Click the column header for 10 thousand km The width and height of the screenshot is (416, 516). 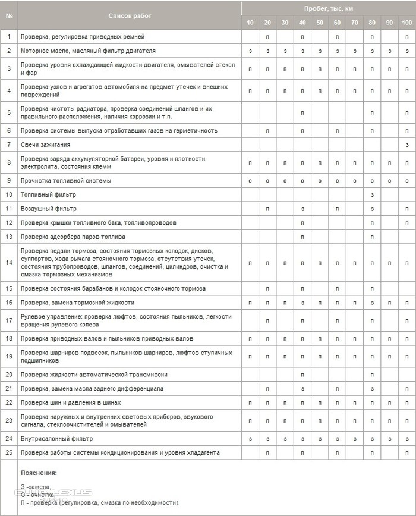tap(250, 23)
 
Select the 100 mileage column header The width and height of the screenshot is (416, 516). tap(407, 23)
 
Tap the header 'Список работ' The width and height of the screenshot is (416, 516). tap(130, 16)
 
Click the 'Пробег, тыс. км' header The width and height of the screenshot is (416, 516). tap(328, 9)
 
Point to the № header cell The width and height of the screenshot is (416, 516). tap(9, 16)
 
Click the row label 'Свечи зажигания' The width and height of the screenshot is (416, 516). tap(46, 144)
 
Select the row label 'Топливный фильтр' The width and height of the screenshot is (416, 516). tap(48, 194)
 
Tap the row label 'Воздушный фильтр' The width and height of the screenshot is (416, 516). tap(49, 209)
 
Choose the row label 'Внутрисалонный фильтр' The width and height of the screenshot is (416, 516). tap(56, 438)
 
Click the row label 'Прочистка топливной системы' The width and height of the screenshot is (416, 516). tap(65, 180)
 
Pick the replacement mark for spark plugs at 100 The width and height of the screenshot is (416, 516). tap(407, 144)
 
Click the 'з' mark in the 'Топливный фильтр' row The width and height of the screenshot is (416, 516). tap(372, 194)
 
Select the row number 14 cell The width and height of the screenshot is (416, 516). tap(9, 263)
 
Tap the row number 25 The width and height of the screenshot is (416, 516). tap(9, 452)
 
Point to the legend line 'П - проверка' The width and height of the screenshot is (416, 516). tap(98, 502)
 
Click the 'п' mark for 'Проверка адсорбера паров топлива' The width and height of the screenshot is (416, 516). tap(302, 237)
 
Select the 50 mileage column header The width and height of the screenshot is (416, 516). tap(320, 23)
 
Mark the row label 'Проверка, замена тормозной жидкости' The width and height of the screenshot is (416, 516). tap(73, 303)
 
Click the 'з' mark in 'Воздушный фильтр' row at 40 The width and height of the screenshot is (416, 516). tap(302, 209)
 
